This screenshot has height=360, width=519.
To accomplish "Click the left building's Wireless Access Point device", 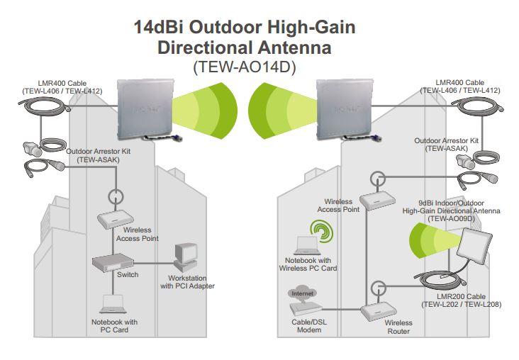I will click(x=113, y=219).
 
